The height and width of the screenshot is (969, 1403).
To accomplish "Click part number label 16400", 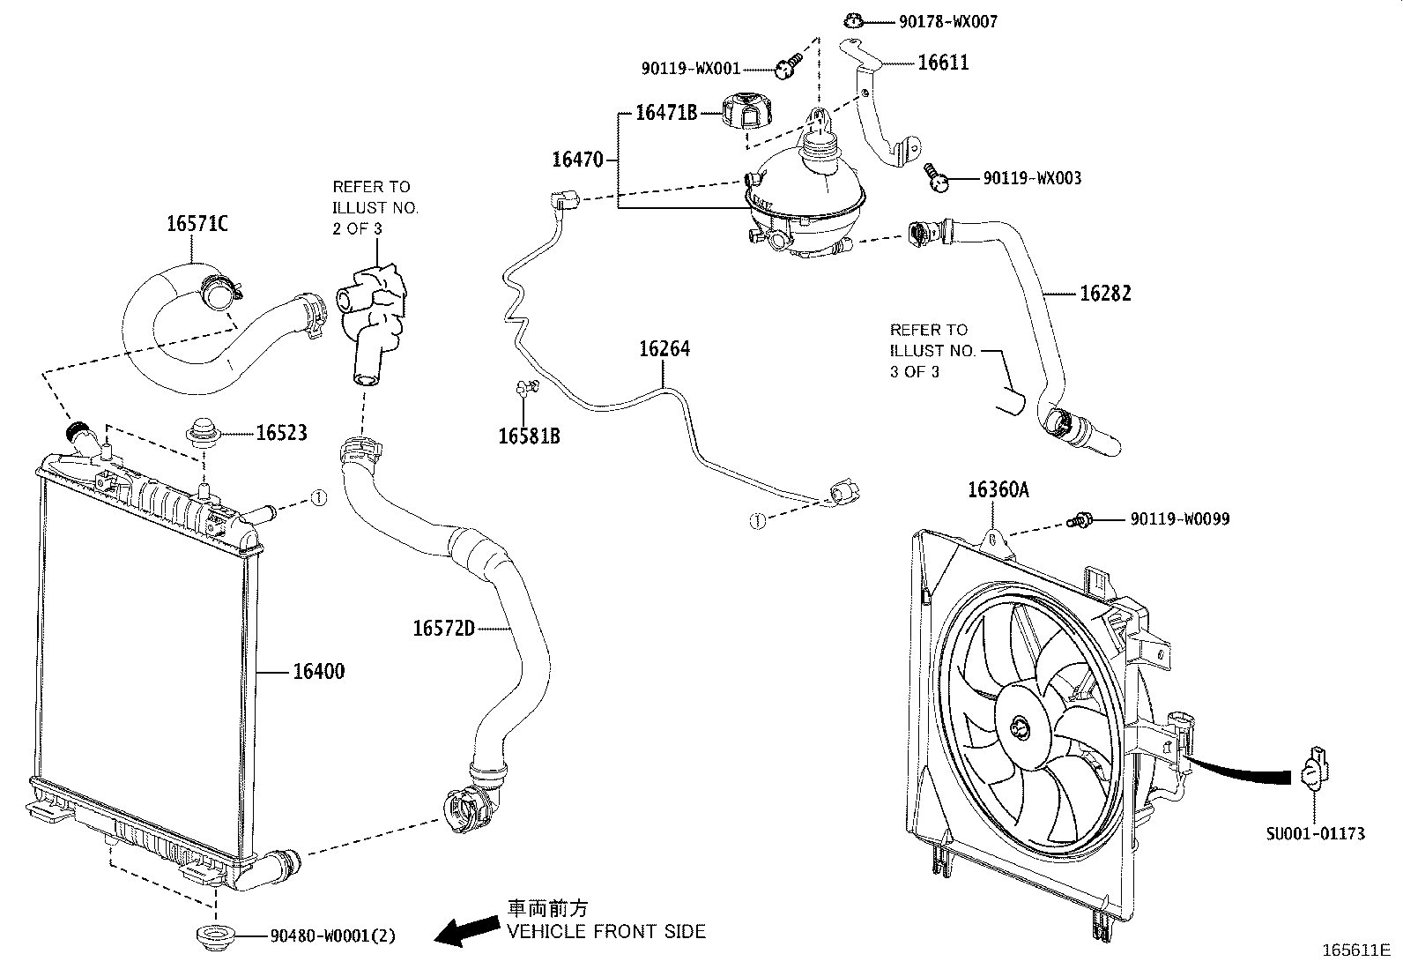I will click(x=318, y=672).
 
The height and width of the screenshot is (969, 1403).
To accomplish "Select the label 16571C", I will click(x=197, y=224).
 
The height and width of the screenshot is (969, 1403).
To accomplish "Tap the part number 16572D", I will click(x=443, y=628).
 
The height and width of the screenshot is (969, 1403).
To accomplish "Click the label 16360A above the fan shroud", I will click(x=998, y=490).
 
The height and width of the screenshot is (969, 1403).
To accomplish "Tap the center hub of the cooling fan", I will click(x=1021, y=727).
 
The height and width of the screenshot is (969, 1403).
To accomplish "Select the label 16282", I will click(x=1105, y=294).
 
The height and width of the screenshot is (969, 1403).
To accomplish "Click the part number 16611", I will click(x=943, y=63).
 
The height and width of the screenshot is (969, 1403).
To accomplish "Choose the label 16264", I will click(x=664, y=349).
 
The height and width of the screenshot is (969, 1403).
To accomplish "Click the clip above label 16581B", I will click(x=525, y=385).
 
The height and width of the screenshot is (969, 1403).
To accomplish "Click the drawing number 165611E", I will click(x=1355, y=950).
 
